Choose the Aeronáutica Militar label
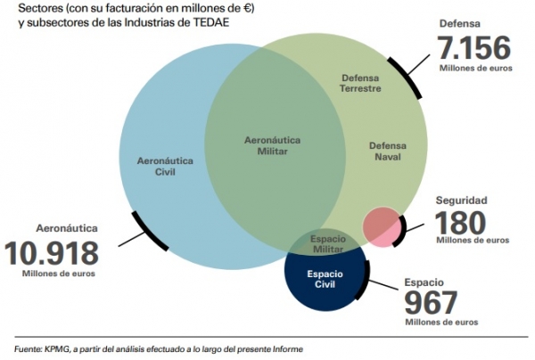click(x=273, y=146)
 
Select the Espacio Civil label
click(x=324, y=278)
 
